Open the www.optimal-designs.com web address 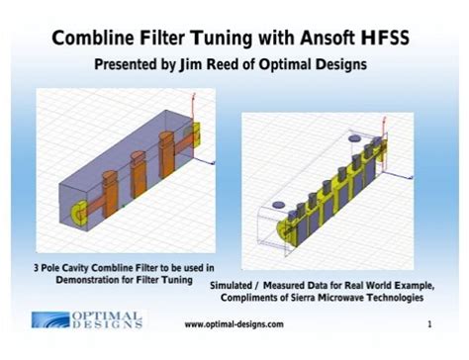(234, 324)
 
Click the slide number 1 (429, 324)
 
